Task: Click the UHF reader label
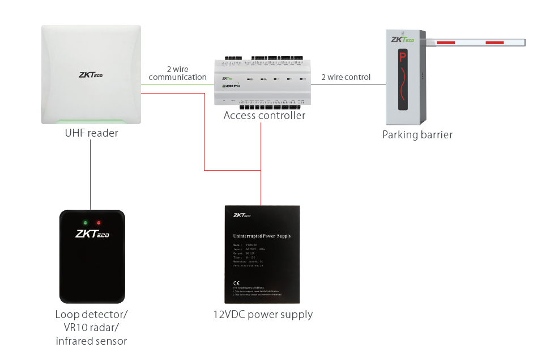[x=91, y=133]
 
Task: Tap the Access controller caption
[x=264, y=116]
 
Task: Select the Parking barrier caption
[x=417, y=135]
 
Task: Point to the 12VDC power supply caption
[x=263, y=315]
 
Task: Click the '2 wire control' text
[x=346, y=77]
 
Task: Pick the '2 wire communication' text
[x=177, y=73]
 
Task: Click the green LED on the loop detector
[x=85, y=222]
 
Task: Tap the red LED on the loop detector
[x=99, y=222]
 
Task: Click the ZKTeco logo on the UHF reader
[x=91, y=74]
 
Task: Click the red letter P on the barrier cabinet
[x=403, y=57]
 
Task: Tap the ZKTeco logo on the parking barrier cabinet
[x=403, y=39]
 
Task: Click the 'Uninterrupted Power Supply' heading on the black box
[x=262, y=235]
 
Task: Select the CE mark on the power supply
[x=236, y=282]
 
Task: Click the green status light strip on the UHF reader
[x=91, y=120]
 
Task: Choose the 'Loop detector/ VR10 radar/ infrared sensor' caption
[x=91, y=328]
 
